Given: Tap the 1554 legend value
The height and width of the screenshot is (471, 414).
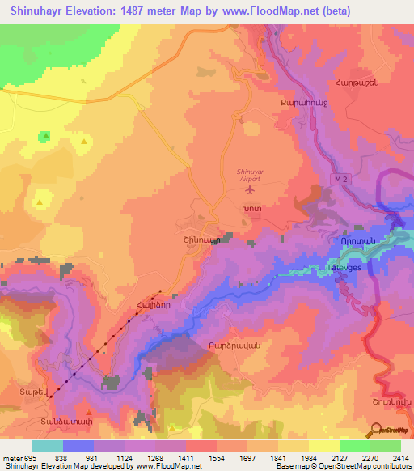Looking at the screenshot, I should (x=201, y=459).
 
